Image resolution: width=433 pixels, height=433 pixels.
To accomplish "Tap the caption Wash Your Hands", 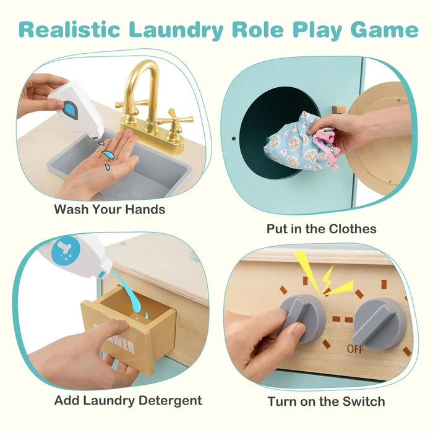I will click(109, 209).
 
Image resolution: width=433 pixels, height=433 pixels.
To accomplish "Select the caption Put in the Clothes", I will click(321, 229).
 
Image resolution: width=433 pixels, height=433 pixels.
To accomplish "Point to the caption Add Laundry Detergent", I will click(128, 400).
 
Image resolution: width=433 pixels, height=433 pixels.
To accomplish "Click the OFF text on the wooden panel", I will click(356, 349).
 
